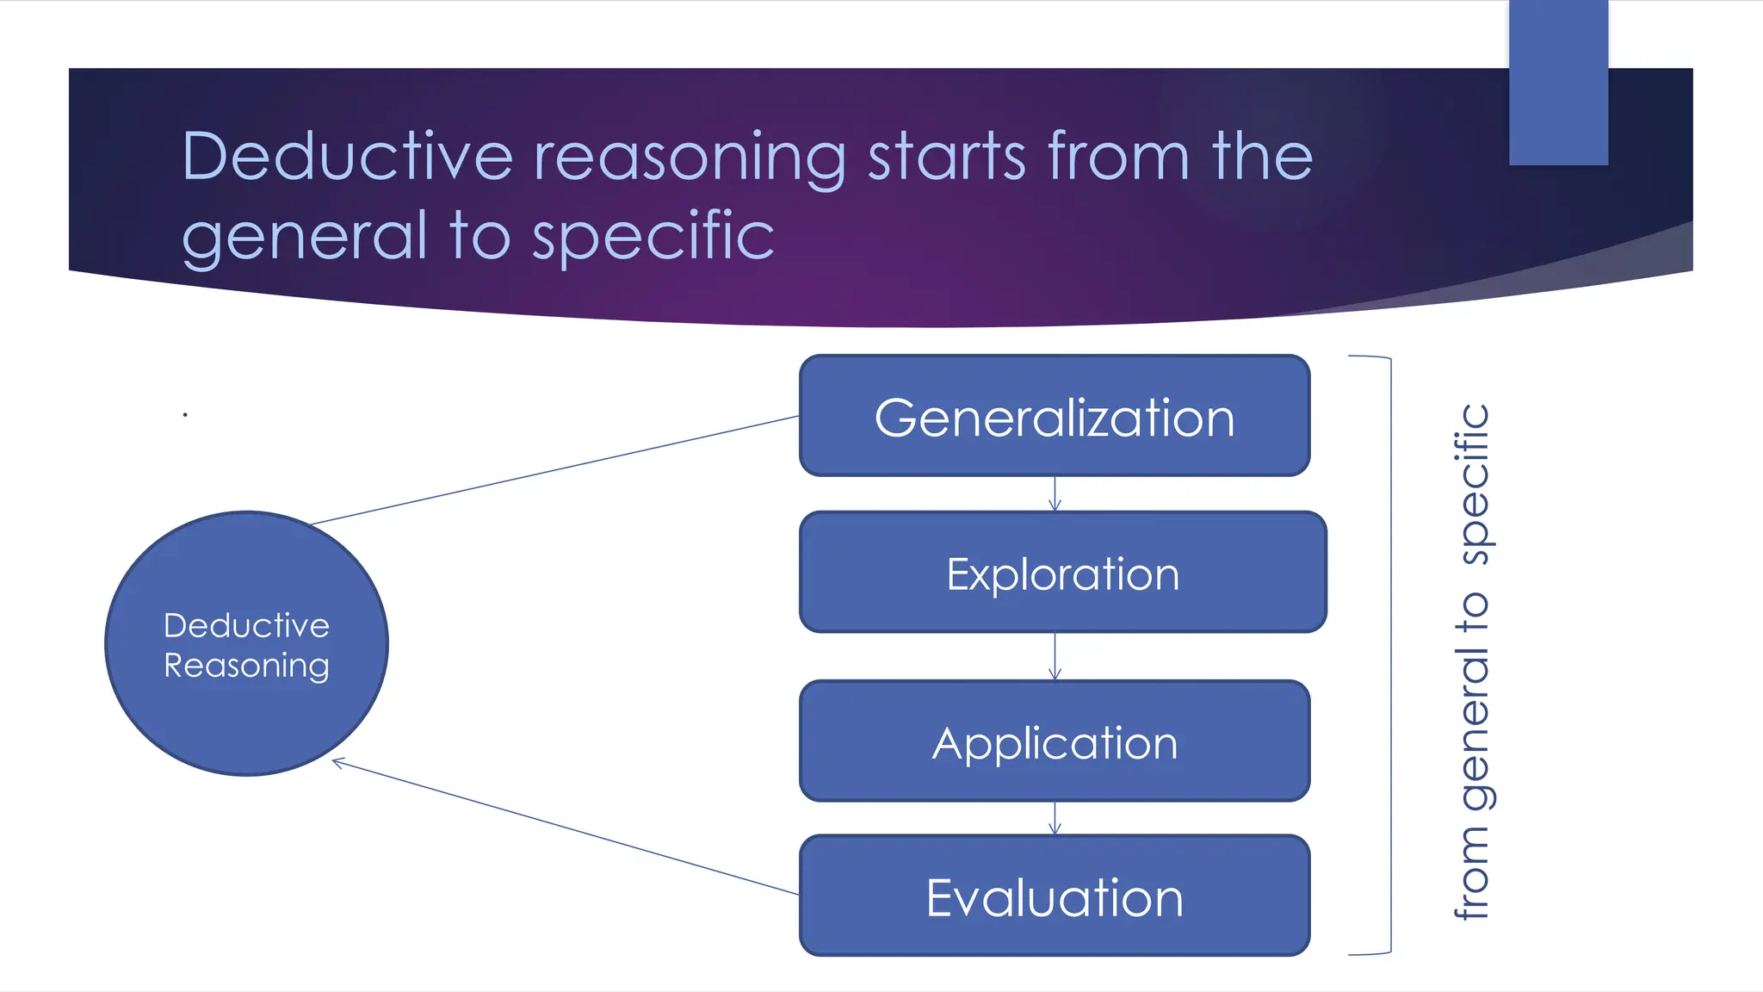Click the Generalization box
1055,416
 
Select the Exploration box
1062,573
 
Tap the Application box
1055,741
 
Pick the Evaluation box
1055,896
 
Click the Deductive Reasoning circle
246,644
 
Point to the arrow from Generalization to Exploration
1055,494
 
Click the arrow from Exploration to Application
1055,657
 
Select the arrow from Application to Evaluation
1055,818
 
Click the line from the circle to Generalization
551,471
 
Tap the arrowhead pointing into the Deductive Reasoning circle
338,762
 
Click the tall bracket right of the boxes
1389,654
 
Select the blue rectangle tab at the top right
1558,83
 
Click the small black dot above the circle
185,415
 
